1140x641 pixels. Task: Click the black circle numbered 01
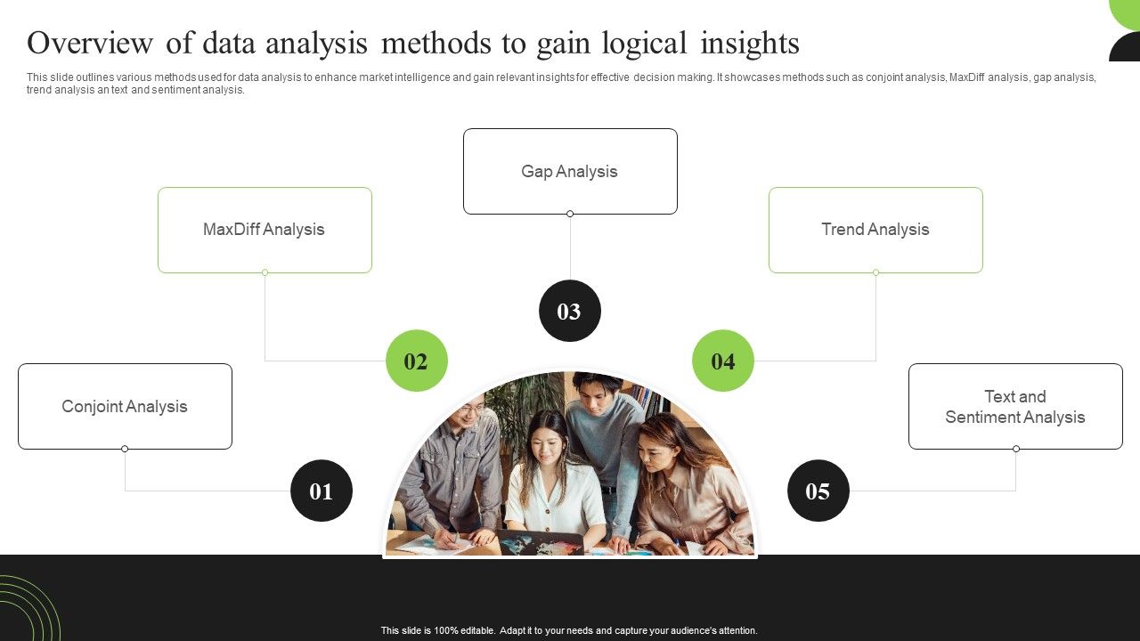(322, 491)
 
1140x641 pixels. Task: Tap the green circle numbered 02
(417, 361)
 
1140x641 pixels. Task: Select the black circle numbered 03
(570, 311)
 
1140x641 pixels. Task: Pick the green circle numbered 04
(723, 361)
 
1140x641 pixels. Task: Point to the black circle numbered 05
(818, 491)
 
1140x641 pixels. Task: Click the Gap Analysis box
(570, 171)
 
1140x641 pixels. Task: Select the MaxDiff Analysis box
(265, 230)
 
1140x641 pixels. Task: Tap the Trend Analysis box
(875, 230)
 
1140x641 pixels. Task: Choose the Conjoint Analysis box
(125, 406)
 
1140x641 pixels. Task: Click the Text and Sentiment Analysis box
(1015, 406)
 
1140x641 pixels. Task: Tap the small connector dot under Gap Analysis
(570, 214)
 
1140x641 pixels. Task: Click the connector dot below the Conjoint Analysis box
(125, 449)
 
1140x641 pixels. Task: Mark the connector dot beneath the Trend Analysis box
(875, 272)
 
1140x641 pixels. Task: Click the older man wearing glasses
(459, 463)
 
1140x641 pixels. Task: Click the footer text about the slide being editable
(569, 630)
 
